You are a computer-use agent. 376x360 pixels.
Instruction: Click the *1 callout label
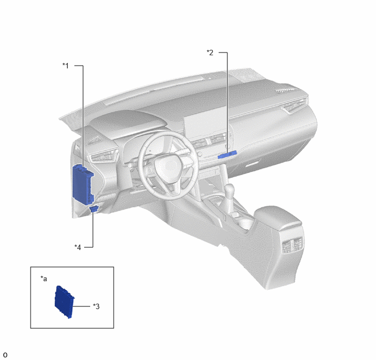66,66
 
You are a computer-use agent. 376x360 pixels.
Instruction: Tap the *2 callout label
210,53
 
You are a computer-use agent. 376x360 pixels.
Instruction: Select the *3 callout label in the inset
96,306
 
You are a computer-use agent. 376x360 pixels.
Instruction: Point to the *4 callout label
78,247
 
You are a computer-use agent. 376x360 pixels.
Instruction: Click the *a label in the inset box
44,278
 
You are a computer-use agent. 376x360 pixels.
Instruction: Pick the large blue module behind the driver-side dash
83,184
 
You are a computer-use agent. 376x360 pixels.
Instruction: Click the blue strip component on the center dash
227,155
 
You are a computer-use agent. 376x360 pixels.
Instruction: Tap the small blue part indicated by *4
94,208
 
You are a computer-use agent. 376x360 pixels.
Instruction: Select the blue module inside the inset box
64,301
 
